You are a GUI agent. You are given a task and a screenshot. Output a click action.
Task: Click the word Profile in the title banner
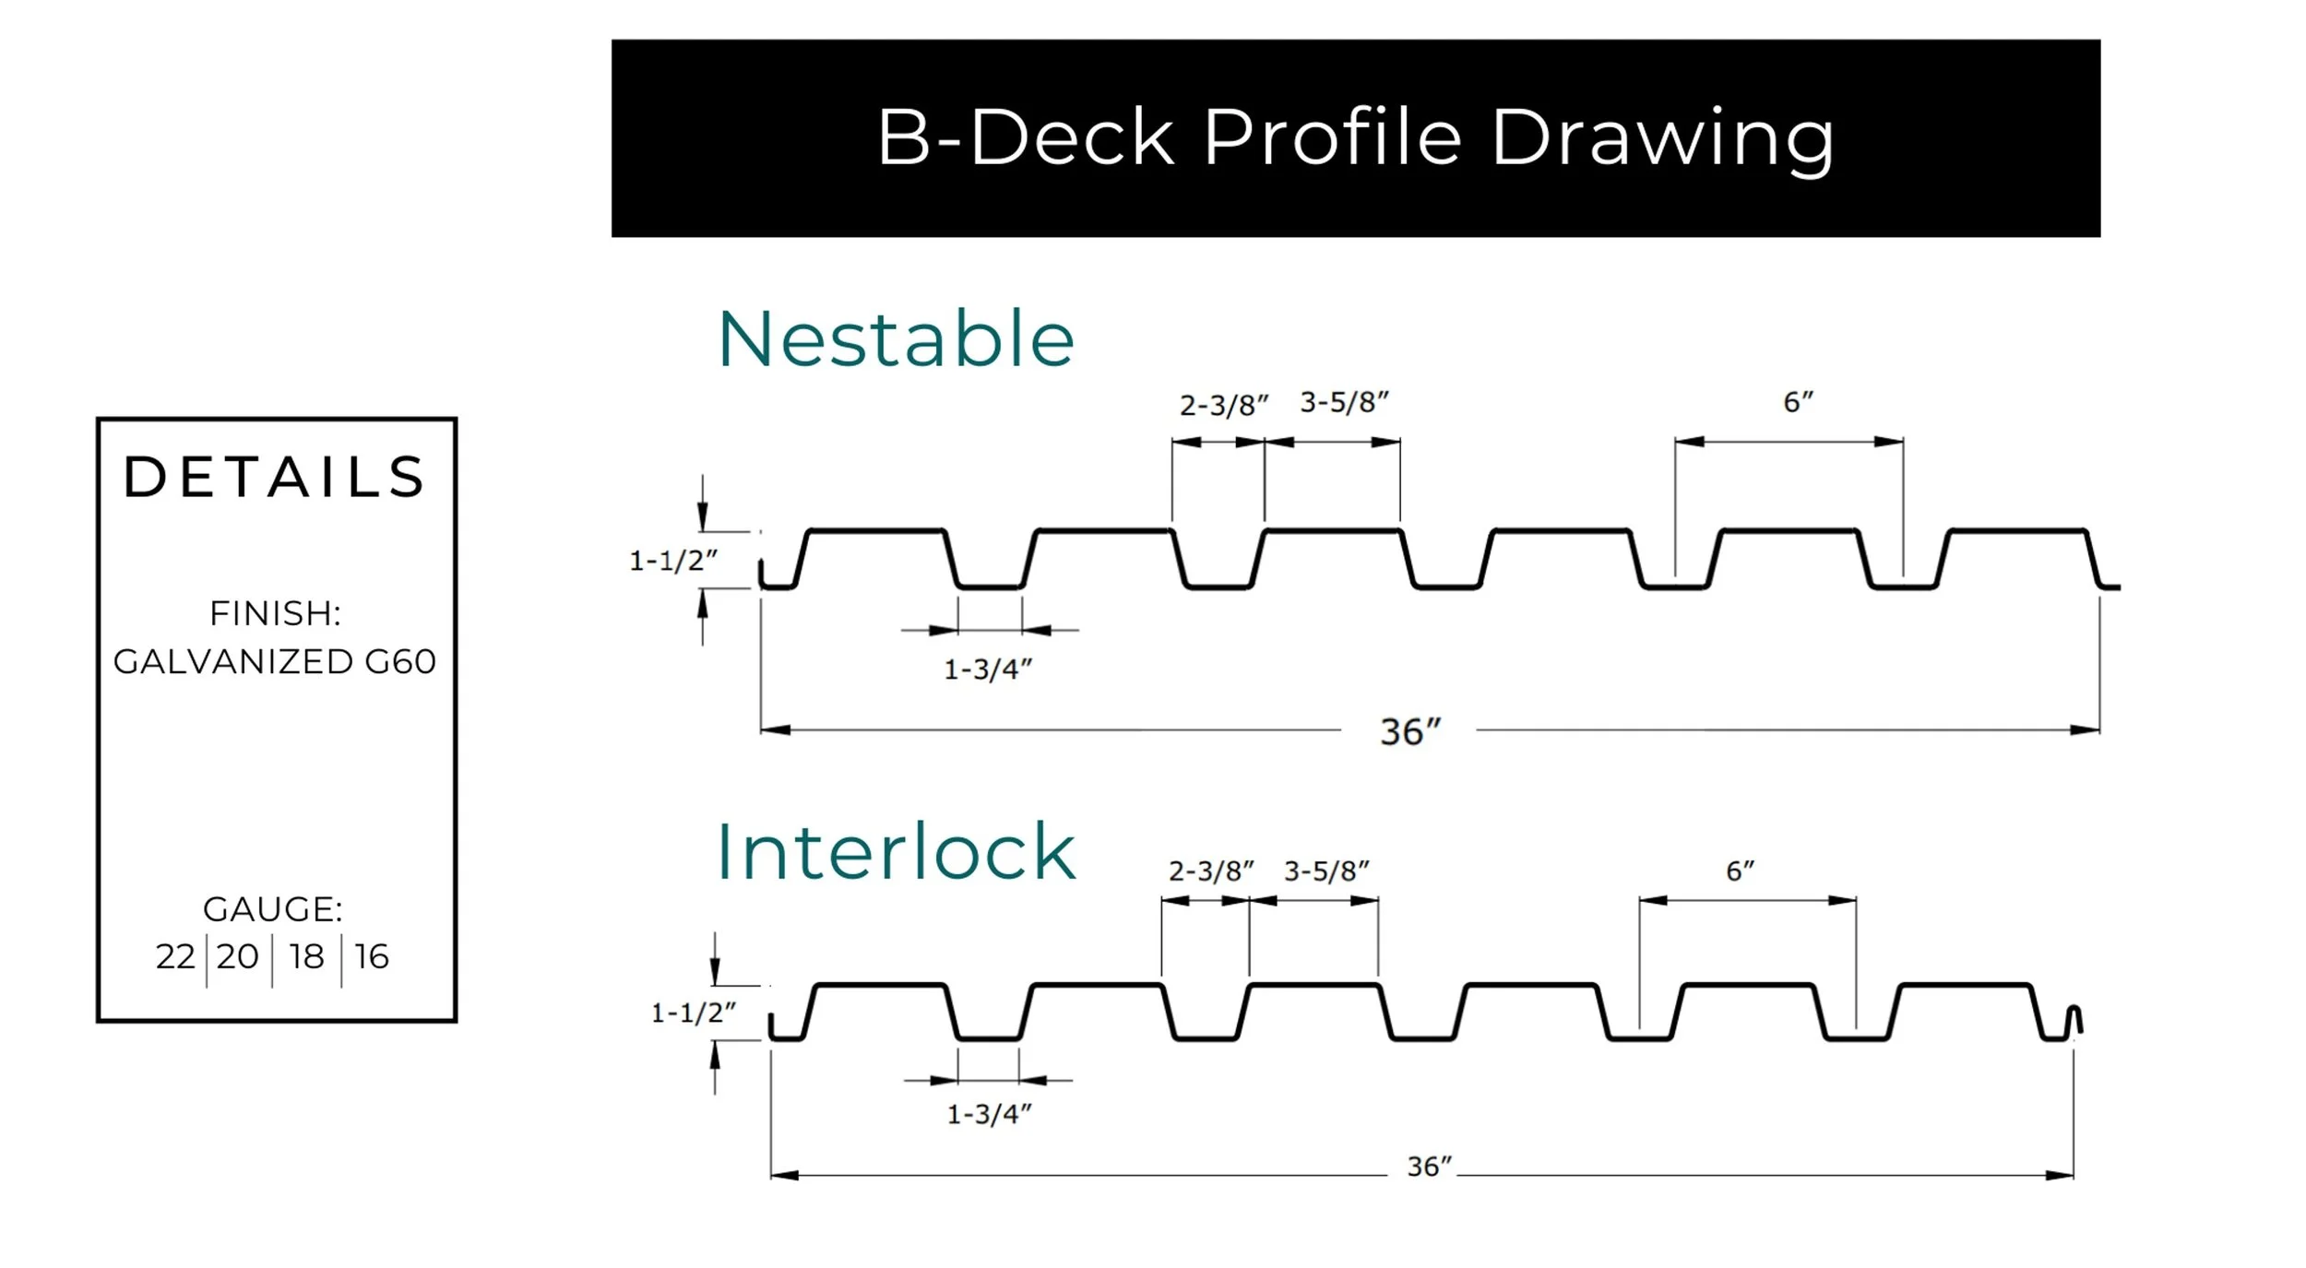click(1332, 138)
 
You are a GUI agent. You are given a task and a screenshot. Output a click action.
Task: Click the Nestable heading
click(896, 339)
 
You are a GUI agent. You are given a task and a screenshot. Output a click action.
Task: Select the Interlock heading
click(896, 852)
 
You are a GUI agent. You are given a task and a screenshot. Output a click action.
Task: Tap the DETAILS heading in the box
click(275, 478)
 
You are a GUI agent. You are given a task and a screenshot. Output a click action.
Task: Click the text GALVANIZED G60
click(275, 662)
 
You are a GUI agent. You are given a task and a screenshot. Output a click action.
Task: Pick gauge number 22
click(175, 957)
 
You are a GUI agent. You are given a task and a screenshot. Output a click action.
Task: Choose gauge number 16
click(372, 957)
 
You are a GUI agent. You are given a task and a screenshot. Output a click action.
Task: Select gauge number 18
click(306, 957)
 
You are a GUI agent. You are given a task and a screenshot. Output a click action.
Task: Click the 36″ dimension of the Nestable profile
click(1409, 732)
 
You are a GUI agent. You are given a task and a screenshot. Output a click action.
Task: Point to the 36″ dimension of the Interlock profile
click(1429, 1167)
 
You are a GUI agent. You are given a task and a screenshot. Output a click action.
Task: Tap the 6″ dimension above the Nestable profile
click(1798, 402)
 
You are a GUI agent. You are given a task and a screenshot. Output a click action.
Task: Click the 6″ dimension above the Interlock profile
click(1740, 871)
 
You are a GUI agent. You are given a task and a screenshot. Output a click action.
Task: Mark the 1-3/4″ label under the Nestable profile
click(987, 670)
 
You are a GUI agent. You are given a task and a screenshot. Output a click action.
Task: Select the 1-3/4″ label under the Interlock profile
click(989, 1114)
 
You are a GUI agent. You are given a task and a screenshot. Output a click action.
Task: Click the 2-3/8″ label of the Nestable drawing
click(1223, 405)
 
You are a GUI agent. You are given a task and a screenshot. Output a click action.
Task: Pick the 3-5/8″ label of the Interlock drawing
click(1326, 871)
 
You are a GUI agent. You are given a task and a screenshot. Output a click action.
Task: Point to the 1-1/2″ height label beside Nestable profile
click(672, 561)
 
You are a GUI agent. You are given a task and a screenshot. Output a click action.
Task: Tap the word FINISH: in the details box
click(275, 613)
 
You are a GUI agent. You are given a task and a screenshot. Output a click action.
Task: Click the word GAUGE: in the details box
click(273, 909)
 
